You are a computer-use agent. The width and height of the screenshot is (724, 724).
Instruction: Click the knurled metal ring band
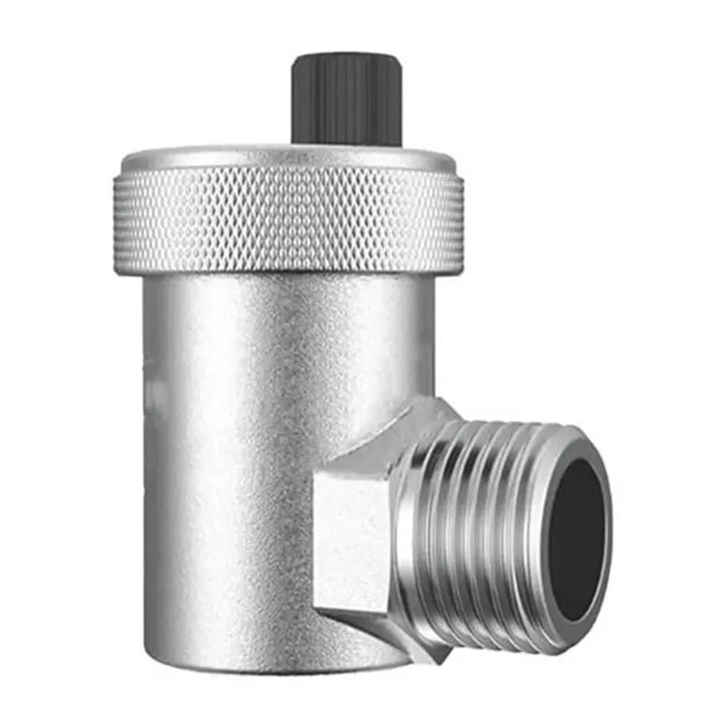click(x=288, y=222)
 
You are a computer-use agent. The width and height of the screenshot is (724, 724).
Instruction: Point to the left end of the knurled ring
click(x=119, y=222)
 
